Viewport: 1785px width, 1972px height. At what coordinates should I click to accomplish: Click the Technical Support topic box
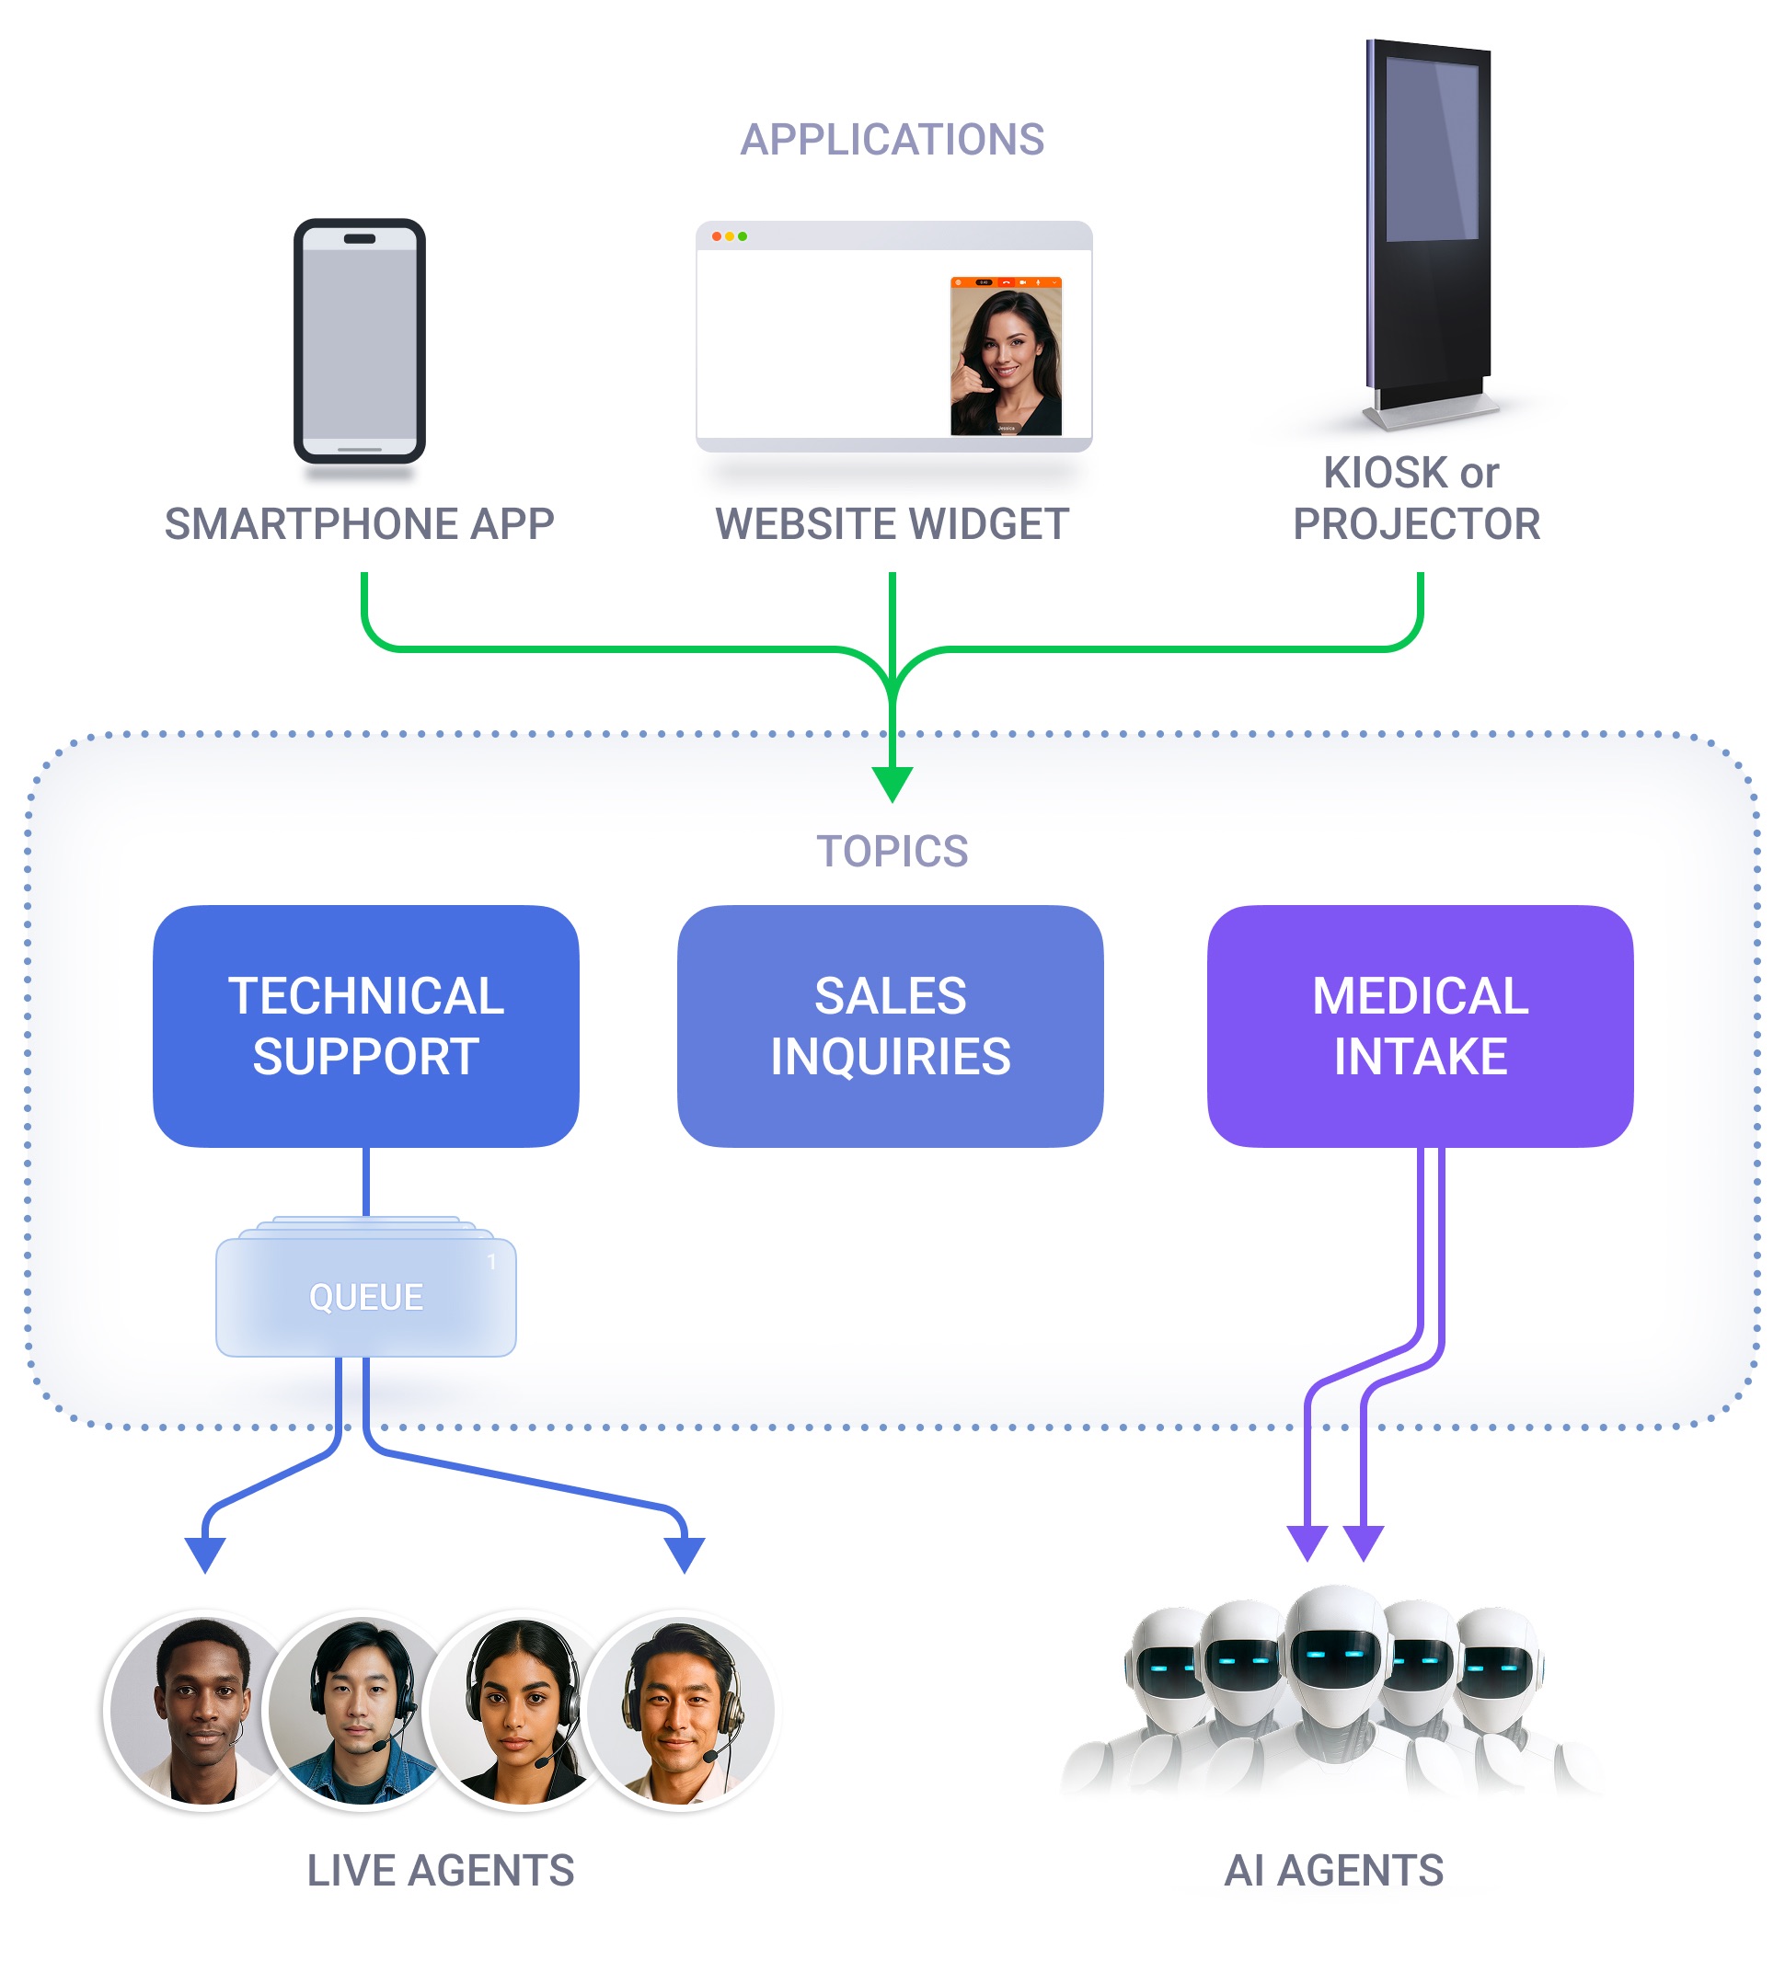[x=365, y=1026]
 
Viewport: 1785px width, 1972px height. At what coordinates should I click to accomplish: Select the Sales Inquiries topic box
[x=890, y=1026]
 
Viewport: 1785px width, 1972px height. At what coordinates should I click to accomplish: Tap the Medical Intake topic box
[x=1419, y=1026]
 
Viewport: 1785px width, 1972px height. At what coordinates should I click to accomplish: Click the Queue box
[x=365, y=1296]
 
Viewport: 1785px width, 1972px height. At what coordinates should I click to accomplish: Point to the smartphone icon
[x=359, y=340]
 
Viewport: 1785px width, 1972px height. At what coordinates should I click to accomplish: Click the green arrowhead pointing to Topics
[x=892, y=784]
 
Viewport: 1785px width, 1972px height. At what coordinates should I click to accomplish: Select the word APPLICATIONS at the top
[x=892, y=140]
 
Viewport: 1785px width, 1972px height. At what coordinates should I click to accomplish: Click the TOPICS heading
[x=892, y=851]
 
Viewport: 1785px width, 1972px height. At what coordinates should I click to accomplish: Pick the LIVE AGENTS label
[x=441, y=1870]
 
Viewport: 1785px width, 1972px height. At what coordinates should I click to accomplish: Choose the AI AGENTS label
[x=1333, y=1870]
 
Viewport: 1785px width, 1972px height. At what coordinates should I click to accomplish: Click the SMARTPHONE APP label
[x=359, y=524]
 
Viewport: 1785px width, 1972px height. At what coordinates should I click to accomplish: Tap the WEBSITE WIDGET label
[x=892, y=524]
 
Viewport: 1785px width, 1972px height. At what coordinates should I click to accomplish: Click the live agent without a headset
[x=203, y=1710]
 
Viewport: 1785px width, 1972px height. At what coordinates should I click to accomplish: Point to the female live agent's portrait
[x=521, y=1710]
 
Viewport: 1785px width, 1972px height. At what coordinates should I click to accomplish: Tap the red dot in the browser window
[x=717, y=236]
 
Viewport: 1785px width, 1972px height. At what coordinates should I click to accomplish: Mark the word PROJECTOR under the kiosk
[x=1416, y=524]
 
